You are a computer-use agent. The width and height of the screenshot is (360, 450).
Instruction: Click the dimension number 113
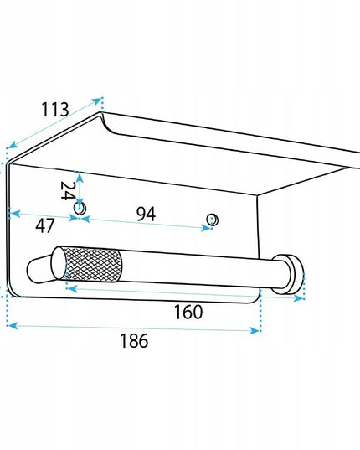click(55, 109)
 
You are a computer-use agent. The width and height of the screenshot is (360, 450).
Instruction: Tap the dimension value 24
click(67, 191)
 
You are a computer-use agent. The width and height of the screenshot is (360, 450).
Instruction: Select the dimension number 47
click(44, 225)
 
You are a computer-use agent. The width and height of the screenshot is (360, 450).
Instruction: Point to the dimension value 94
click(147, 214)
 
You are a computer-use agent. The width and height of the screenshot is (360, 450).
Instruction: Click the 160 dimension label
click(188, 313)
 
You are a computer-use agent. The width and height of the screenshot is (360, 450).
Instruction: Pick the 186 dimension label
click(134, 341)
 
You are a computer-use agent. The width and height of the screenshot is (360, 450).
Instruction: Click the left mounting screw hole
click(80, 208)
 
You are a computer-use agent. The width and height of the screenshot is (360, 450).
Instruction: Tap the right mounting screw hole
click(213, 220)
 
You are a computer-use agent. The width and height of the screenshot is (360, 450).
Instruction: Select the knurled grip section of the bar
click(92, 264)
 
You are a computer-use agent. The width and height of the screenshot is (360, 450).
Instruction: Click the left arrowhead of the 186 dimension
click(13, 326)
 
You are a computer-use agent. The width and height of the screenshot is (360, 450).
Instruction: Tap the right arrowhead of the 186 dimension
click(255, 331)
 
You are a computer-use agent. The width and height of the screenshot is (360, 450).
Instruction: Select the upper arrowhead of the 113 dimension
click(97, 101)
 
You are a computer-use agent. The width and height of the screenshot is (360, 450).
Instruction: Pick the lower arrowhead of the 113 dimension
click(12, 145)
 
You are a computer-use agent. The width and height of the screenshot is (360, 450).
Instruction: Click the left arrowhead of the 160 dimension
click(72, 288)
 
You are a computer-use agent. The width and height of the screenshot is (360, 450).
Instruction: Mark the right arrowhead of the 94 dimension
click(206, 228)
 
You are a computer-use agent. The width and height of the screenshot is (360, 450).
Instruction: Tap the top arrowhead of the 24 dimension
click(80, 177)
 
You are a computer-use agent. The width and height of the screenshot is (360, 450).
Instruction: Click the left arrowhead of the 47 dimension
click(15, 214)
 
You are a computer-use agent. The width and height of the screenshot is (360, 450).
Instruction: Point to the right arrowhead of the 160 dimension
click(299, 298)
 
